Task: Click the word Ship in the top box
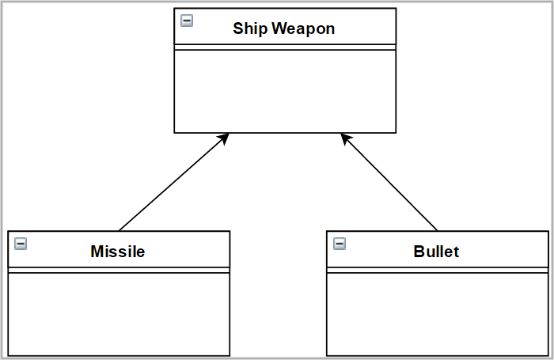pos(250,28)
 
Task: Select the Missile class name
pos(118,252)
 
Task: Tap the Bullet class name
pos(436,252)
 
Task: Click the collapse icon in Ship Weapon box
pos(187,21)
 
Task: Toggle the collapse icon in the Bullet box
pos(340,244)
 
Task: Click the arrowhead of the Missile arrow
pos(224,138)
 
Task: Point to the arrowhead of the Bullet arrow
pos(345,138)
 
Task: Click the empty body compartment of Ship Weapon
pos(285,91)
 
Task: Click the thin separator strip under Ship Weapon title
pos(285,47)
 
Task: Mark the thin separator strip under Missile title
pos(119,270)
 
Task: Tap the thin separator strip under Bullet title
pos(437,270)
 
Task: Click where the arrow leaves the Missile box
pos(120,230)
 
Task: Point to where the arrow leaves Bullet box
pos(437,230)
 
